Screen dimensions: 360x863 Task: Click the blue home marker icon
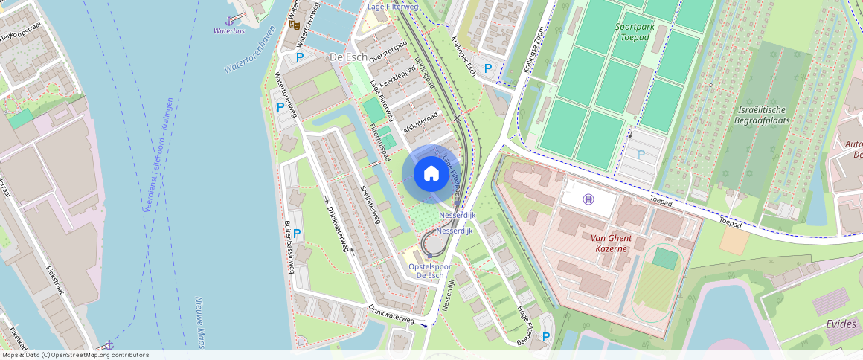pos(431,174)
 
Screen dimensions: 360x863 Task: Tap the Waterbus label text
pos(229,31)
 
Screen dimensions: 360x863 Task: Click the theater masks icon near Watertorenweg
pos(295,25)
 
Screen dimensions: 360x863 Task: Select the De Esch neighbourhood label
pos(347,57)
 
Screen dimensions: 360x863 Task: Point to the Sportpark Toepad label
pos(635,30)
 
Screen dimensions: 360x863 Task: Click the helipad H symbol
pos(588,199)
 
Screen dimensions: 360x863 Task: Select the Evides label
pos(841,324)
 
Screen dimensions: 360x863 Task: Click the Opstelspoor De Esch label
pos(431,271)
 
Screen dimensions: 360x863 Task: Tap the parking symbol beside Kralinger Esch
pos(488,68)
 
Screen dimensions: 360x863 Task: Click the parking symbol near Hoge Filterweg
pos(546,337)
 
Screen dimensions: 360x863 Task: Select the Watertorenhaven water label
pos(251,49)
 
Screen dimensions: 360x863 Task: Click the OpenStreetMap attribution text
pos(74,355)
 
